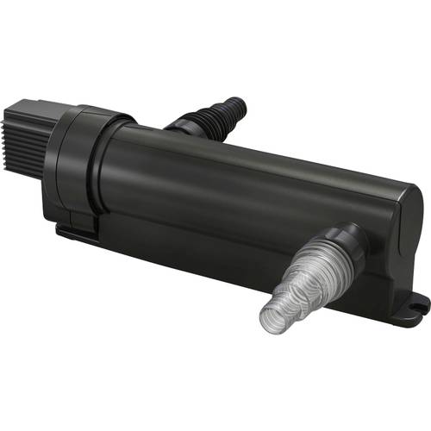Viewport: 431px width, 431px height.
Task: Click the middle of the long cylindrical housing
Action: [x=250, y=190]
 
